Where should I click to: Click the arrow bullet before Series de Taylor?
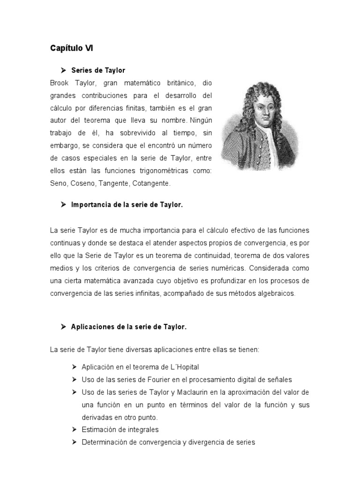(63, 70)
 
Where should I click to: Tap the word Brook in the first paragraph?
(59, 83)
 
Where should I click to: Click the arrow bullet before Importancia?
(63, 205)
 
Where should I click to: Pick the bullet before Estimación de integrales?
(75, 430)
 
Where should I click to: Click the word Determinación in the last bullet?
(103, 442)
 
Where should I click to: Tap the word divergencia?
(202, 442)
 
